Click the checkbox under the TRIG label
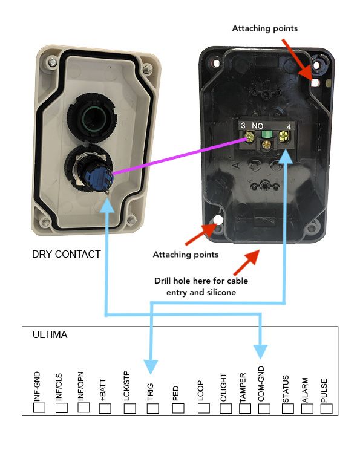pos(153,409)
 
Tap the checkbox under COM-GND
pos(264,409)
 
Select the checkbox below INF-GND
pos(39,408)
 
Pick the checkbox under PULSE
pos(327,409)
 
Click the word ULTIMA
pos(50,334)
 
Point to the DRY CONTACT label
pos(66,254)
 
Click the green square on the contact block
pos(267,134)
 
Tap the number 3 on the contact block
pos(243,126)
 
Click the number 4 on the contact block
pos(289,127)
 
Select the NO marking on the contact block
pos(257,126)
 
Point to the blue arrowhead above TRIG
pos(151,366)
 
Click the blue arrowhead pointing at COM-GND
pos(260,351)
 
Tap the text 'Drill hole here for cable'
pos(201,281)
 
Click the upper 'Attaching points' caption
pos(265,28)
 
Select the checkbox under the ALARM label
pos(307,409)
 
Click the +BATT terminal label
pos(103,390)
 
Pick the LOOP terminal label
pos(200,391)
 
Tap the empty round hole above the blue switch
pos(91,117)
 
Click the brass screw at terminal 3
pos(249,136)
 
